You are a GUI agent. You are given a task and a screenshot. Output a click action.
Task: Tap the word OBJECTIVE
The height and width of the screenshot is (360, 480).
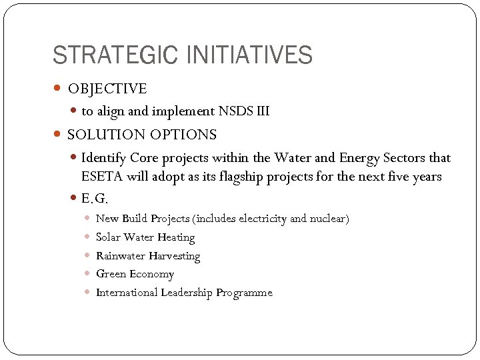107,89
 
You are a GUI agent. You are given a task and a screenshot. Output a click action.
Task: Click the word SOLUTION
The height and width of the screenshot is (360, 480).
103,135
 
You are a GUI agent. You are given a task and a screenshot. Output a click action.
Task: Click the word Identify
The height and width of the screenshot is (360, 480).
104,158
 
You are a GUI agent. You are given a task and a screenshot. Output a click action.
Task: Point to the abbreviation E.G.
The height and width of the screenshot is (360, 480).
94,198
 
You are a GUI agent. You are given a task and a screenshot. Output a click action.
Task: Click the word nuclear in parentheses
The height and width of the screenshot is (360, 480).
326,219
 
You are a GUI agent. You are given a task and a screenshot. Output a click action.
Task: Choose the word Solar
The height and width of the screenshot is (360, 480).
109,237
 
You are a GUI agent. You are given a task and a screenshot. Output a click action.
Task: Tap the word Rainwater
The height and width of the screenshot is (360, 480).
121,256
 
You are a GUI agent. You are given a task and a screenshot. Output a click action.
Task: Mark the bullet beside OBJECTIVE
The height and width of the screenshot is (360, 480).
58,89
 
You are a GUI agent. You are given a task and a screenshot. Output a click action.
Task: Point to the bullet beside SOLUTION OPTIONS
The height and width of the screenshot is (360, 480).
58,135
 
